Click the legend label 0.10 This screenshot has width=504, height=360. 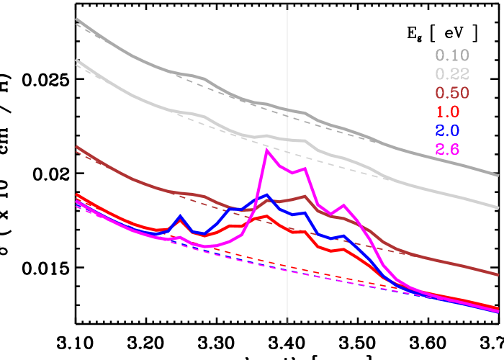tap(452, 55)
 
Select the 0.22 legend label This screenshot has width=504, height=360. tap(452, 74)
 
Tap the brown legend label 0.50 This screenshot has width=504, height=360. tap(452, 93)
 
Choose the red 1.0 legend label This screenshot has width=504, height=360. tap(447, 112)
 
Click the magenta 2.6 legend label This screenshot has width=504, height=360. tap(447, 150)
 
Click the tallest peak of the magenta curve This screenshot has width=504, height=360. tap(267, 150)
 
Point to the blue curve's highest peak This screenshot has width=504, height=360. tap(268, 195)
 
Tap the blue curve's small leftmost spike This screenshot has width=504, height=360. tap(180, 217)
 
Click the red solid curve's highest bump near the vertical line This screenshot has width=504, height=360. tap(267, 216)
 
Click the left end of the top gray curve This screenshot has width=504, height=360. tap(76, 19)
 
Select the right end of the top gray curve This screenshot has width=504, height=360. tap(498, 174)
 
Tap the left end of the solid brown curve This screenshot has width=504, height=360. tap(76, 147)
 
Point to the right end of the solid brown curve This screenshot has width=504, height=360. tap(498, 274)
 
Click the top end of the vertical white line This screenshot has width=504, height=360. tap(288, 4)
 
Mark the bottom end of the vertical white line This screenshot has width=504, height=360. tap(288, 320)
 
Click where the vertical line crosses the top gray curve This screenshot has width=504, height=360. tap(288, 110)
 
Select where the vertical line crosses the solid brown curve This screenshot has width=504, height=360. tap(288, 199)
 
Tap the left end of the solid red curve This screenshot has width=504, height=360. tap(76, 195)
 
